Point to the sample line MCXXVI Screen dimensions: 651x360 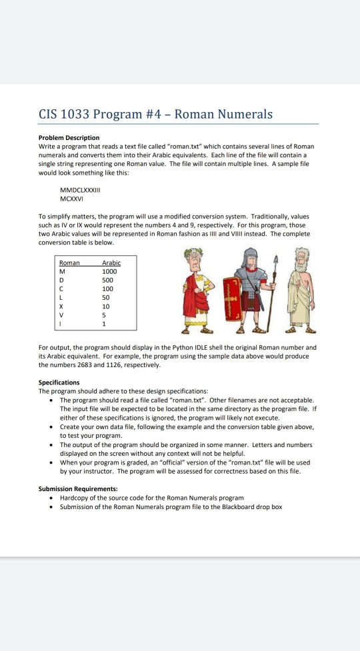click(73, 188)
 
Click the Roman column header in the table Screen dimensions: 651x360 click(69, 263)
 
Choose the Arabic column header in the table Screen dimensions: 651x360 click(111, 263)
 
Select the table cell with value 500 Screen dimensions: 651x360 click(107, 281)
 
